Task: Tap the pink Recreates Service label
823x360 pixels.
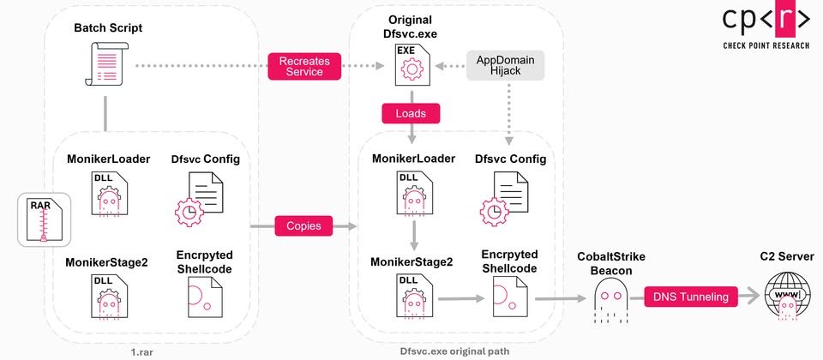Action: pos(304,66)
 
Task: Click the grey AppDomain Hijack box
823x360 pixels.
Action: pos(506,66)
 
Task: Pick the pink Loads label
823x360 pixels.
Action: pos(411,112)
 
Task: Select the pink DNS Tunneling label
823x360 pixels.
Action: pos(690,297)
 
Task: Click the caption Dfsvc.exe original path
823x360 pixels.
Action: pos(453,351)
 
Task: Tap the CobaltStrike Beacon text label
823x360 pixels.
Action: pos(610,263)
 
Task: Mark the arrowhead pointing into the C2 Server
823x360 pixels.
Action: pos(755,297)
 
